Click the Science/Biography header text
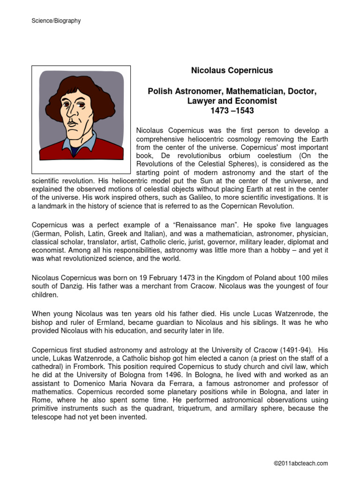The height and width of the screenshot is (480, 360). (56, 21)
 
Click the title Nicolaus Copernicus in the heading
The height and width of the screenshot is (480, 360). (232, 71)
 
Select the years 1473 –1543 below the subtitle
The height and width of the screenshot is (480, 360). (232, 111)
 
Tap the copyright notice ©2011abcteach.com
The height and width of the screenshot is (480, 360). (300, 464)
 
